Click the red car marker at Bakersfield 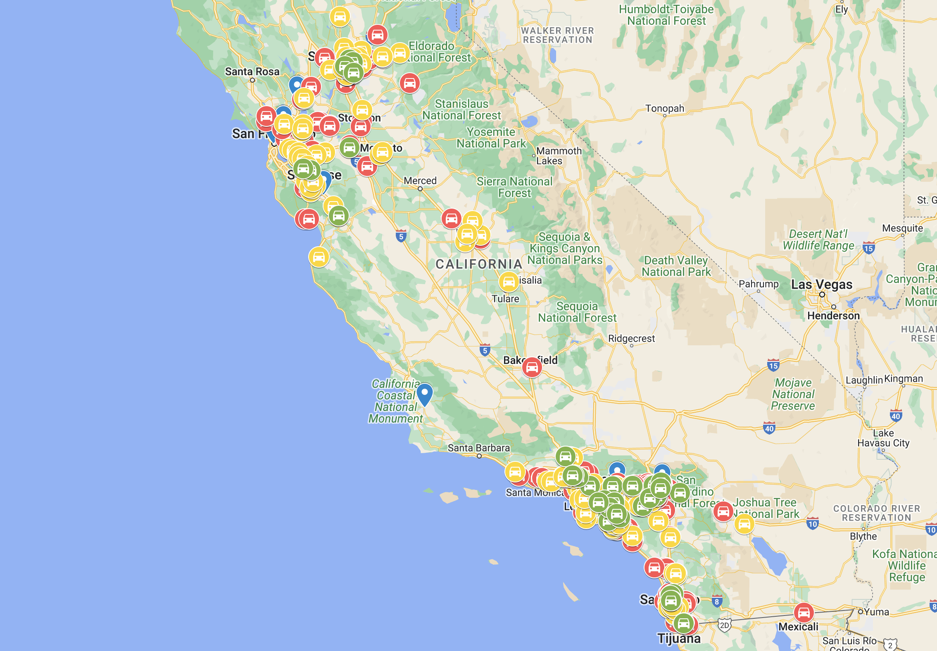tap(532, 367)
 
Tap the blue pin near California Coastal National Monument tap(424, 393)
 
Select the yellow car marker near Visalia tap(509, 282)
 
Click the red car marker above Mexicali tap(804, 613)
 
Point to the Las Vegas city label tap(821, 285)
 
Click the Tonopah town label tap(665, 108)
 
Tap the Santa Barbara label tap(478, 448)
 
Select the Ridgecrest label tap(631, 339)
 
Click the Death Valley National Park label tap(676, 266)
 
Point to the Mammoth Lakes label tap(559, 156)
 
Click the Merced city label tap(420, 181)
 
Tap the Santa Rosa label tap(252, 71)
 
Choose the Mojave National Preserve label tap(793, 394)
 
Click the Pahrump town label tap(759, 284)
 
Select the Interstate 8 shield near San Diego tap(717, 601)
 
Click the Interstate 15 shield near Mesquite tap(868, 248)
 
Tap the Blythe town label tap(863, 536)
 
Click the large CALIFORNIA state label tap(479, 264)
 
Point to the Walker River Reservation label tap(557, 35)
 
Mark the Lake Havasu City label tap(883, 438)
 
